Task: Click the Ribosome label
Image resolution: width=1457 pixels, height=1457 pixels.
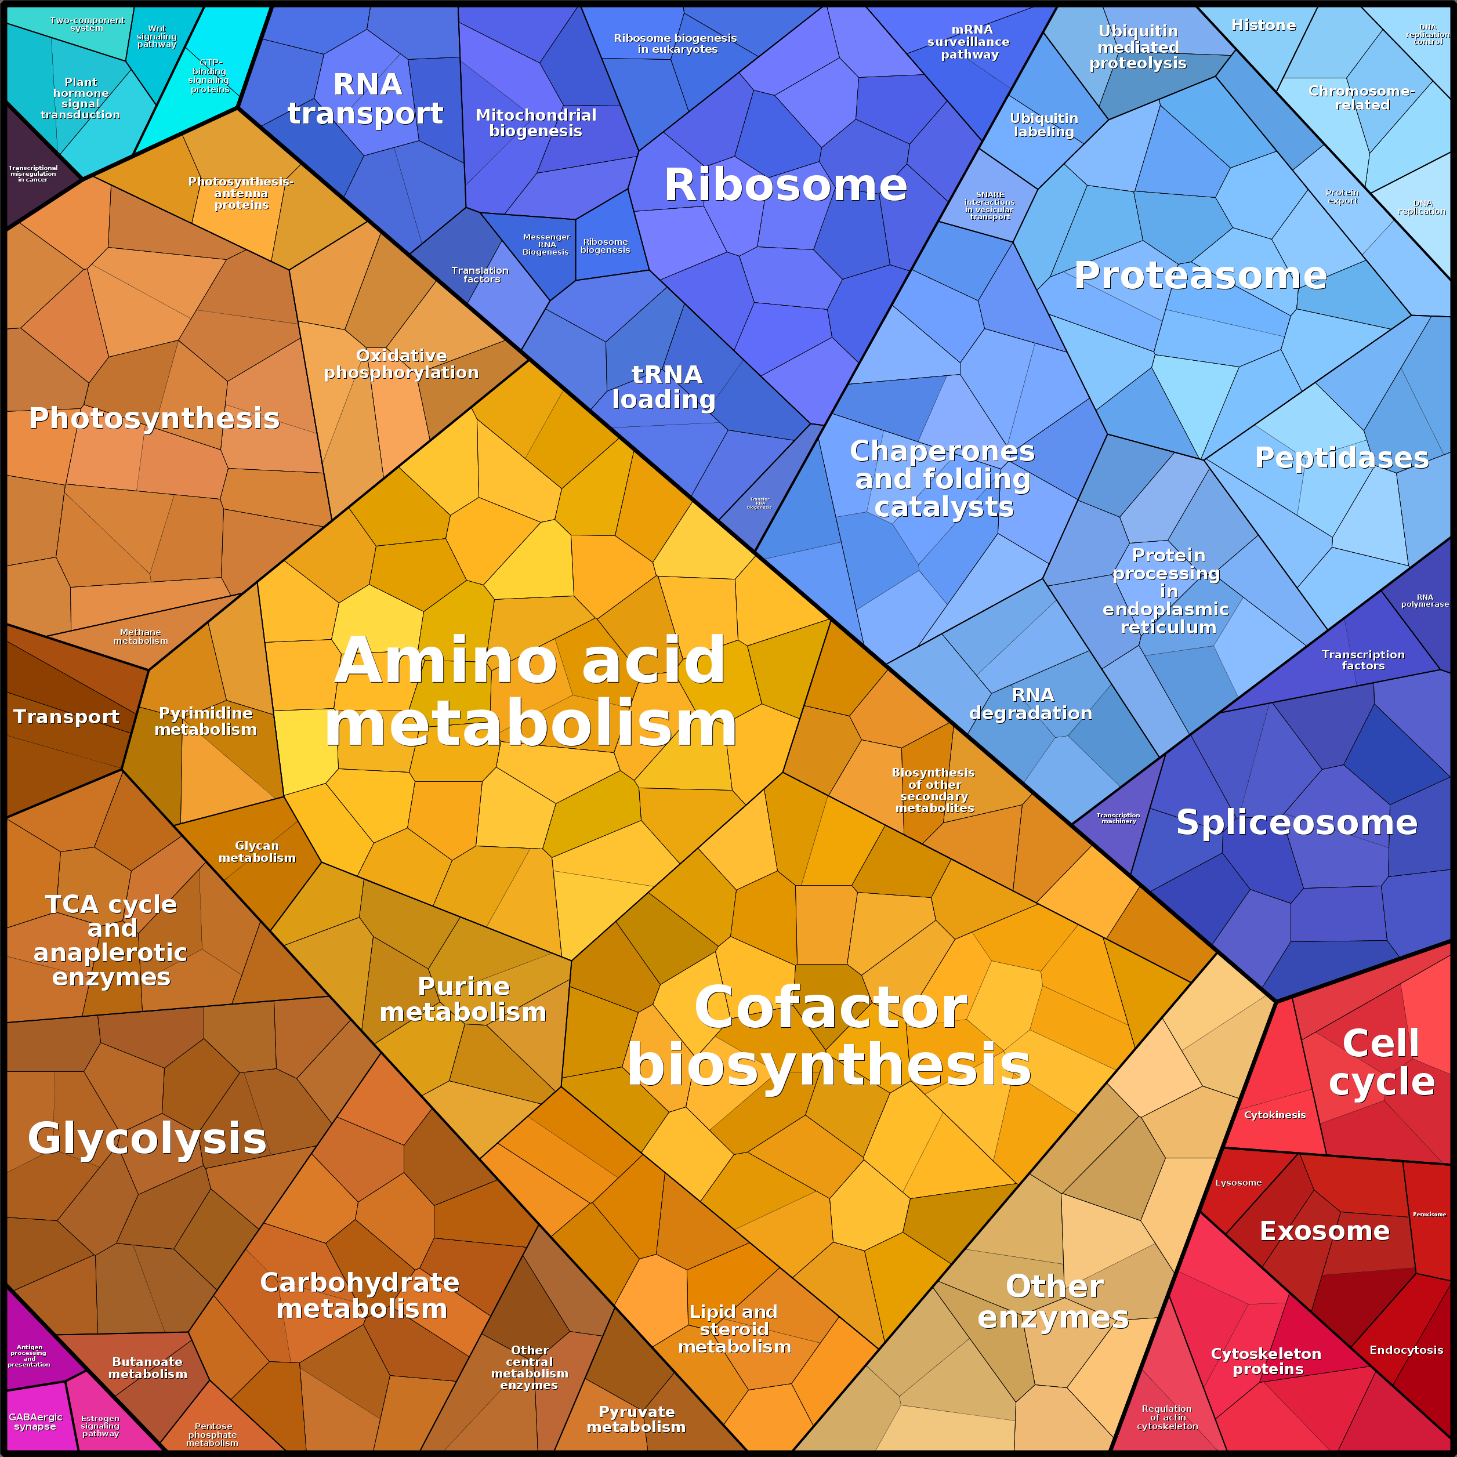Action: pyautogui.click(x=785, y=185)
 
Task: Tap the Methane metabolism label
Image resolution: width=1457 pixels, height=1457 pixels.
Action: pyautogui.click(x=141, y=636)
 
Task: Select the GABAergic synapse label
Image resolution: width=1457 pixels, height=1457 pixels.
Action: pyautogui.click(x=35, y=1422)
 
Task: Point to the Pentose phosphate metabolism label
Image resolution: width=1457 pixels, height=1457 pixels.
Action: pyautogui.click(x=213, y=1435)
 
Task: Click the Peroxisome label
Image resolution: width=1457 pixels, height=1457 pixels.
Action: pyautogui.click(x=1429, y=1214)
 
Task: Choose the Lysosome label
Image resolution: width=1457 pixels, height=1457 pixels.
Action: pyautogui.click(x=1238, y=1183)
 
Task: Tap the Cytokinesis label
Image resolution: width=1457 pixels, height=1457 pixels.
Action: pyautogui.click(x=1274, y=1115)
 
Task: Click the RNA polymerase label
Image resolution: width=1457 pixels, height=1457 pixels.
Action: pyautogui.click(x=1425, y=600)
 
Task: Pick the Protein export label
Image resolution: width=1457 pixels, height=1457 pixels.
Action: pyautogui.click(x=1342, y=197)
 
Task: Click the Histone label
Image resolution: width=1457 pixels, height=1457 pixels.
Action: pyautogui.click(x=1263, y=26)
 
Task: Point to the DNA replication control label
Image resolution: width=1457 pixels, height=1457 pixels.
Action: pyautogui.click(x=1427, y=35)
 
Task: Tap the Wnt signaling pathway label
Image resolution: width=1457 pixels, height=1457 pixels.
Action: pyautogui.click(x=157, y=36)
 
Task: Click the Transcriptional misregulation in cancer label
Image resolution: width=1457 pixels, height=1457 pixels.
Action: pyautogui.click(x=33, y=173)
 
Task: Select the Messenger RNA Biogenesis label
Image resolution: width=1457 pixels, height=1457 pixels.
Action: pyautogui.click(x=546, y=244)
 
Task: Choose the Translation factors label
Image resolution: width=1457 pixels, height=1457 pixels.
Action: pyautogui.click(x=480, y=274)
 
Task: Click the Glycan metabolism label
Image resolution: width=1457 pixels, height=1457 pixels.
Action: pyautogui.click(x=257, y=851)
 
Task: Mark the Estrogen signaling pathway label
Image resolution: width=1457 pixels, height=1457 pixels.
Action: pyautogui.click(x=100, y=1426)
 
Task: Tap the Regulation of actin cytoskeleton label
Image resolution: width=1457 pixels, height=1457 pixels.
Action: pyautogui.click(x=1166, y=1417)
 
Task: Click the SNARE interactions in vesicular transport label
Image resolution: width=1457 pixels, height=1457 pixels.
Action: pyautogui.click(x=990, y=205)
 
